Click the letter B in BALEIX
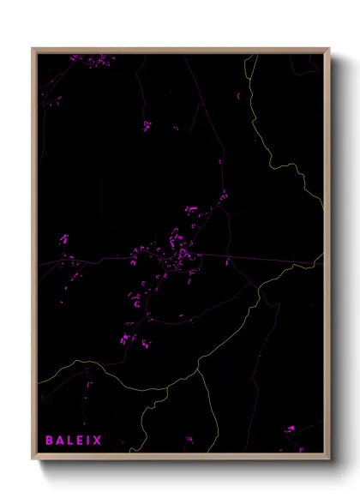click(50, 441)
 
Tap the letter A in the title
click(61, 441)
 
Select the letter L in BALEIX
click(72, 441)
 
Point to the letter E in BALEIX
click(82, 441)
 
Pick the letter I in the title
click(91, 441)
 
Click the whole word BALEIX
click(75, 441)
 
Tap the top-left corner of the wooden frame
click(33, 49)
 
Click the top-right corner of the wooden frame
click(329, 49)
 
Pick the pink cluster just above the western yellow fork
click(129, 339)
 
